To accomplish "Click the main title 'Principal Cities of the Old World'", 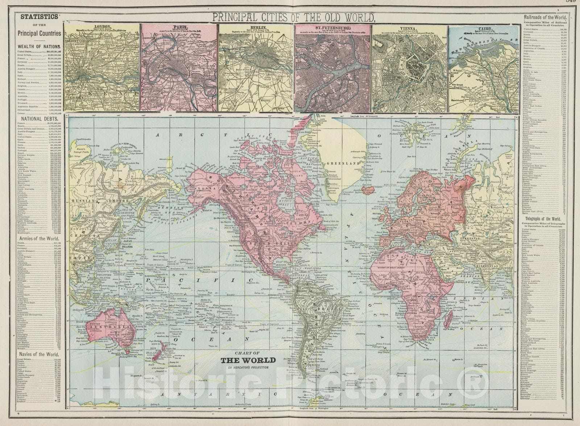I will [x=293, y=17].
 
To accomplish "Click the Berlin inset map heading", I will [x=256, y=27].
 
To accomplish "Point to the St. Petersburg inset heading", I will [x=332, y=27].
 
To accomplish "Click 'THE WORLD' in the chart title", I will [x=248, y=360].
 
